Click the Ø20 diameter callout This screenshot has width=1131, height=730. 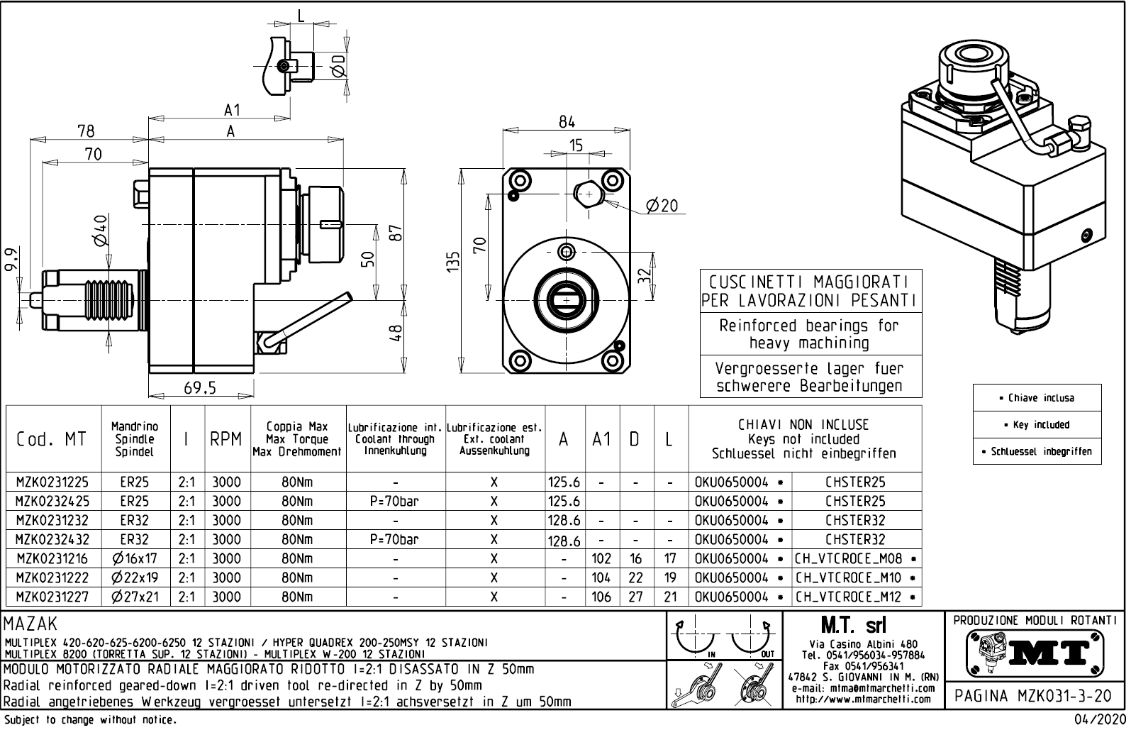pos(662,206)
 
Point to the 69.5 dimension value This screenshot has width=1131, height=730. pos(199,388)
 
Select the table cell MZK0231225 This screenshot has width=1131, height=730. pos(52,482)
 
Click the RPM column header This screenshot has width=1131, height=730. pos(226,439)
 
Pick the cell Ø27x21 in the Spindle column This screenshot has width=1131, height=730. pos(135,597)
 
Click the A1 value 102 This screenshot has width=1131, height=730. pos(601,559)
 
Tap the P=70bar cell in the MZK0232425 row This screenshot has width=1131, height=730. pos(395,501)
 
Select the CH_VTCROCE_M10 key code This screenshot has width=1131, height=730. pos(849,578)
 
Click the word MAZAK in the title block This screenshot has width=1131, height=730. pos(30,624)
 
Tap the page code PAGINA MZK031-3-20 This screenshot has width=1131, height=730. pos(1035,696)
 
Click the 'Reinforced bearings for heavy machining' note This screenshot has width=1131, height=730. pos(810,334)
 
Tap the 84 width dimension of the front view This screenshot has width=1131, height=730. pos(567,121)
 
